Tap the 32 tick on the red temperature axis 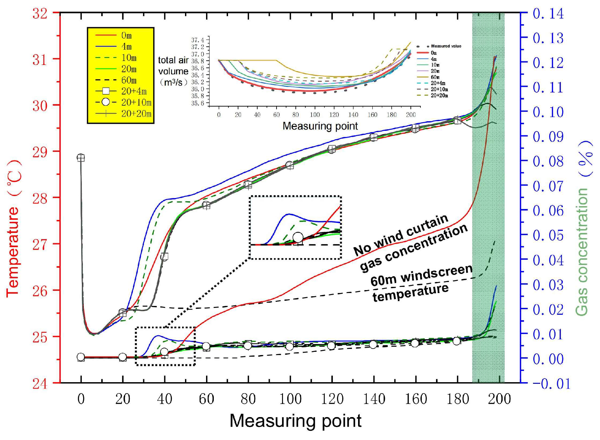tap(39, 14)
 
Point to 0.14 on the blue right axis tap(548, 14)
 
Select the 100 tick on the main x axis tap(290, 399)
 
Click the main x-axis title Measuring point tap(295, 421)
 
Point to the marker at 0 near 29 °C tap(81, 158)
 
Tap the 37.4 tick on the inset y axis tap(198, 40)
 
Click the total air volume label tap(173, 71)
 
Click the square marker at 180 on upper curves tap(457, 120)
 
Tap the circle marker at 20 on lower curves tap(122, 357)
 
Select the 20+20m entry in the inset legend tap(439, 95)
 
